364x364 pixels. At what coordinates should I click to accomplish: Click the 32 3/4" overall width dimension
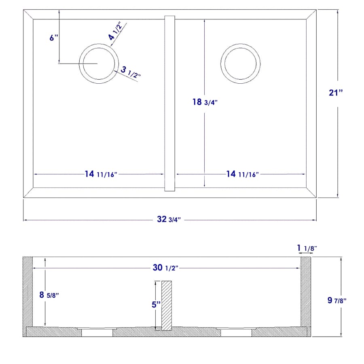pos(168,220)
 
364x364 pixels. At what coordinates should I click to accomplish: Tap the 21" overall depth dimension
pos(336,93)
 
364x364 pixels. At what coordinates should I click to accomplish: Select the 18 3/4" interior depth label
pos(205,102)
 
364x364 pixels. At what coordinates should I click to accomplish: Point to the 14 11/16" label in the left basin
pos(101,174)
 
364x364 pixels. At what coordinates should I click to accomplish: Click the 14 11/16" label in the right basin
pos(242,174)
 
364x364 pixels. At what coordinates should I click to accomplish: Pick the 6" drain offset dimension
pos(54,38)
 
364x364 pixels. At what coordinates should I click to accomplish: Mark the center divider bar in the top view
pos(169,103)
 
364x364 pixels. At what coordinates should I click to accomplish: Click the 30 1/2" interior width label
pos(165,268)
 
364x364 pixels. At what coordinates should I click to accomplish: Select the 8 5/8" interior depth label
pos(49,295)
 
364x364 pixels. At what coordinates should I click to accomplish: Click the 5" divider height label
pos(156,305)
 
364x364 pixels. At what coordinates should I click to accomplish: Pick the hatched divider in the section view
pos(167,305)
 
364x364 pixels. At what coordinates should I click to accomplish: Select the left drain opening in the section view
pos(97,333)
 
